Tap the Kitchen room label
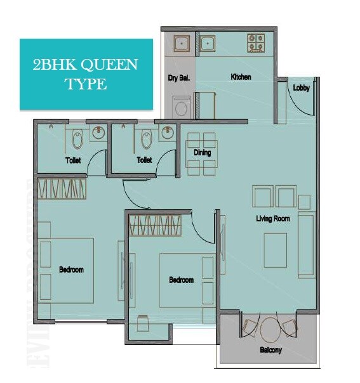click(x=241, y=77)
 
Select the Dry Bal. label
click(x=180, y=79)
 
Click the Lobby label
click(x=302, y=88)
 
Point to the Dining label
click(x=203, y=153)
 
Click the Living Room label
click(x=273, y=219)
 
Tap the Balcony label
click(x=270, y=350)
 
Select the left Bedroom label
click(x=71, y=269)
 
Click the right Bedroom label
click(x=181, y=280)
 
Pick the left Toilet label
click(x=73, y=160)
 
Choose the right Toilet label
click(x=144, y=160)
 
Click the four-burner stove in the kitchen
click(x=256, y=42)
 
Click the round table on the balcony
click(x=270, y=328)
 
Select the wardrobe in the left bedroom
click(x=62, y=189)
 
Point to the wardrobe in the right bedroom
click(x=156, y=225)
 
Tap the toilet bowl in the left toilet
click(x=77, y=138)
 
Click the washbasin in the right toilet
click(x=168, y=133)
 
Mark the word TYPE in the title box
click(x=86, y=83)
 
